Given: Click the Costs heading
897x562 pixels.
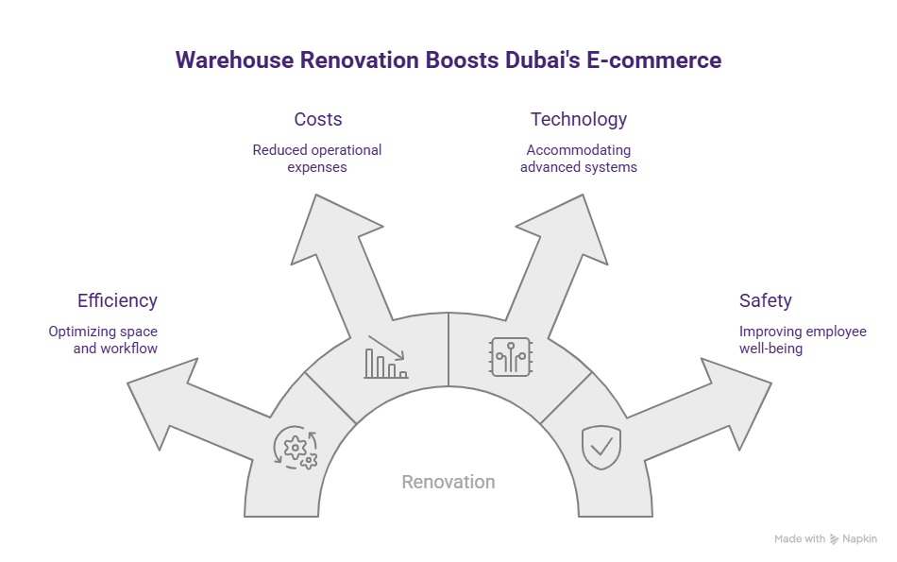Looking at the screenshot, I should coord(317,119).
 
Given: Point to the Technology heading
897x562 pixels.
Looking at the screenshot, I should coord(579,119).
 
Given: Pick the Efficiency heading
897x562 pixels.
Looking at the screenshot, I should coord(117,300).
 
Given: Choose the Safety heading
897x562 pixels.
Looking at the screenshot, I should coord(766,300).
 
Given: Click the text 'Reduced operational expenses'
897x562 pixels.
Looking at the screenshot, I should coord(317,159).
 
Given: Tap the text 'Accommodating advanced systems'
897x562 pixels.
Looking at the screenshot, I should coord(579,159).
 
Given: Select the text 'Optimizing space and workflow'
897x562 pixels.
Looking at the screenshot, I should coord(104,340).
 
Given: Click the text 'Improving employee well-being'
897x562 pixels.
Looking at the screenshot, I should coord(803,340).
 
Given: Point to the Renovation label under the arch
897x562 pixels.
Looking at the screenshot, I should coord(448,482).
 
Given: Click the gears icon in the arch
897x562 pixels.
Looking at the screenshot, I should coord(295,448).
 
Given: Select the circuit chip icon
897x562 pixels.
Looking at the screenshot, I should coord(510,357).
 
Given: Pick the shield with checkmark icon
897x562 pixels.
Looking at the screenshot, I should coord(601,447).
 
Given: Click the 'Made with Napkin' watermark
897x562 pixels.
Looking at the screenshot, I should coord(825,538).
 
